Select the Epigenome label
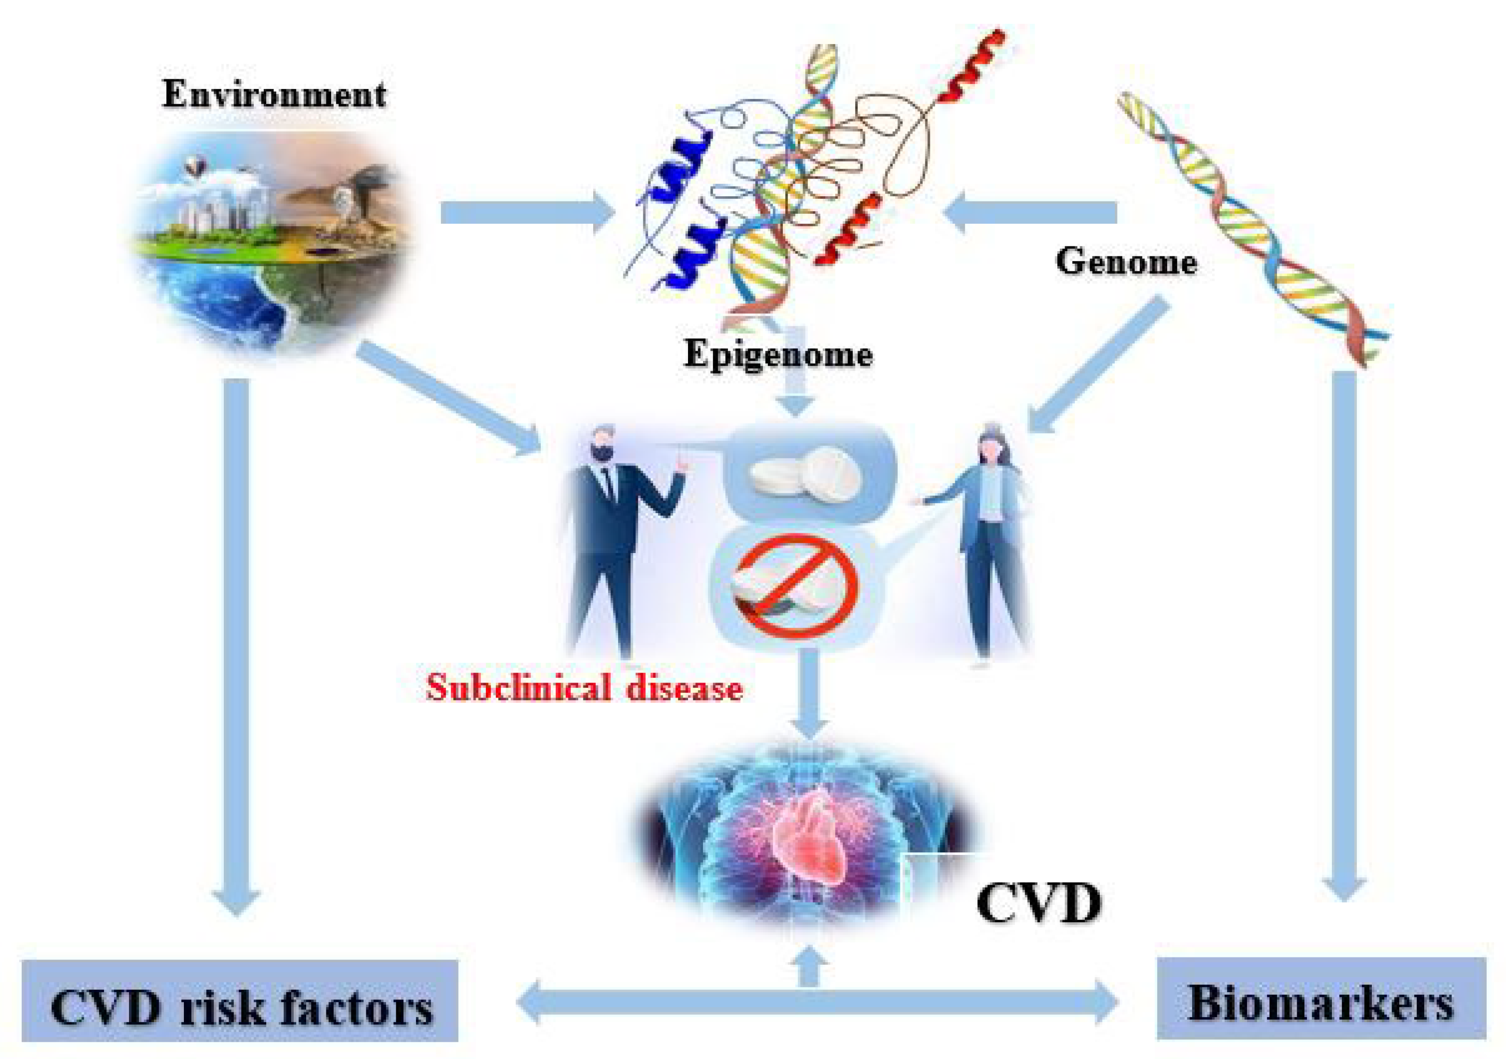(x=778, y=354)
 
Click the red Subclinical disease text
(x=584, y=688)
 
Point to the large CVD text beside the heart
(x=1038, y=904)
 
